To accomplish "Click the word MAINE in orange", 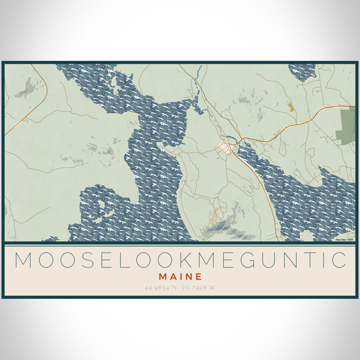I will [180, 276].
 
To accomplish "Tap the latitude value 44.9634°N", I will [163, 287].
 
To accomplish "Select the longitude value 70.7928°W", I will [197, 287].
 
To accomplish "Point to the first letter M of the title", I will [23, 260].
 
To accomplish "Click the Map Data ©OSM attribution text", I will [344, 239].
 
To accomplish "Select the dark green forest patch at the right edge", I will [346, 125].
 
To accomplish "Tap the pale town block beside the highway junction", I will [226, 148].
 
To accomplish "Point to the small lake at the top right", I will [302, 71].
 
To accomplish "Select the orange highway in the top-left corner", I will [26, 118].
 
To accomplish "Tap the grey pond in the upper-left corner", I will [24, 91].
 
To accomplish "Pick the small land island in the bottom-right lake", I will [308, 236].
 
